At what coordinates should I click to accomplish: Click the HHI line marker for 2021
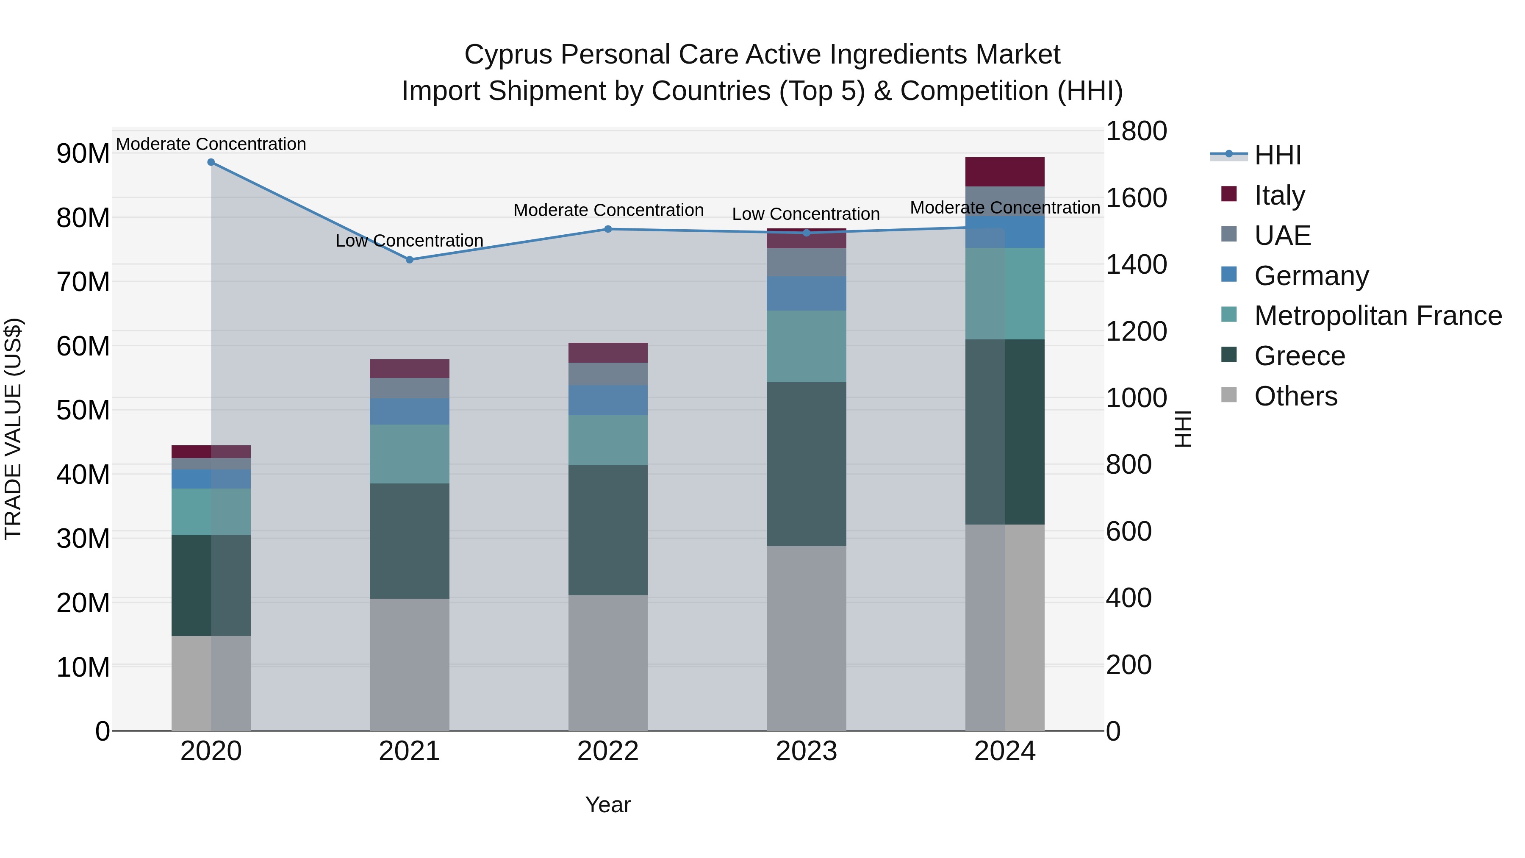(x=409, y=259)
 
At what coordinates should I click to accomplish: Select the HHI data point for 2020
(x=211, y=162)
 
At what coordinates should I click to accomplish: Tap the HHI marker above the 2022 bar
(x=608, y=229)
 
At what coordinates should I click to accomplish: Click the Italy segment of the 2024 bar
(x=1005, y=172)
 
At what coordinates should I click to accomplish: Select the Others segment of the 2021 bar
(x=409, y=664)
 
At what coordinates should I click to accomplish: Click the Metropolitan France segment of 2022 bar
(x=608, y=440)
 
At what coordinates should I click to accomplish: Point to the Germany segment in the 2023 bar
(x=806, y=294)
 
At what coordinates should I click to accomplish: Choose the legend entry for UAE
(x=1282, y=235)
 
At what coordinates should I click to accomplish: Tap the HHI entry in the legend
(x=1278, y=155)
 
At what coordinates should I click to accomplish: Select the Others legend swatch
(x=1229, y=395)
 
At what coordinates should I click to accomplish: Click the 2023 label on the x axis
(x=806, y=751)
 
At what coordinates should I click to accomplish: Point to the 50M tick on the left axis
(x=83, y=410)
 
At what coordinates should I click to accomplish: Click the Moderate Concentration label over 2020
(x=211, y=144)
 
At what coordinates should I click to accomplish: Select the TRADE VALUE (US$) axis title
(x=13, y=429)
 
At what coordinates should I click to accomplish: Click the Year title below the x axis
(x=608, y=805)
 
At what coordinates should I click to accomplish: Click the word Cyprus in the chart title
(x=509, y=55)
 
